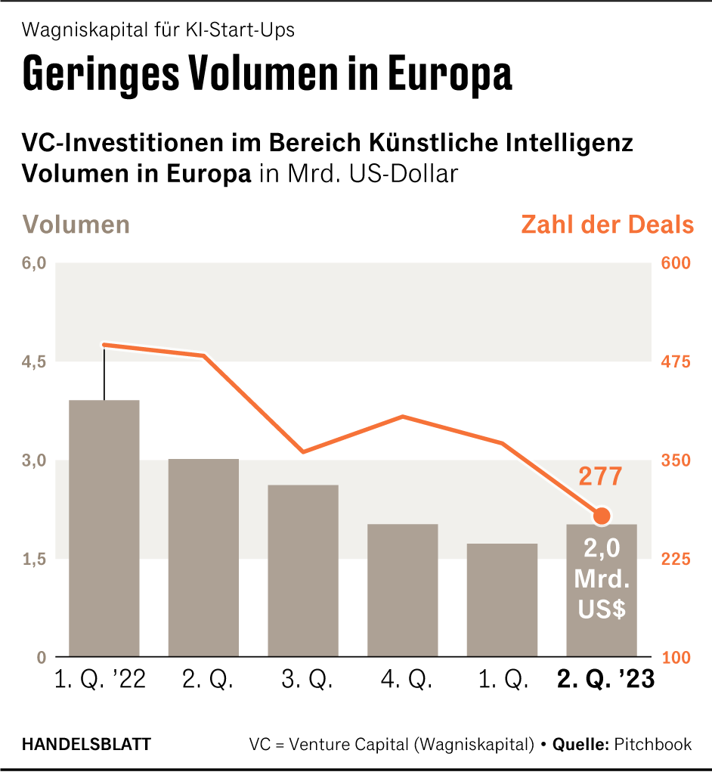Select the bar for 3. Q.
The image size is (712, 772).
303,570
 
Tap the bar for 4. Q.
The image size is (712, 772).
403,590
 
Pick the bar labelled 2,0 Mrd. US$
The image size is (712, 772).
602,590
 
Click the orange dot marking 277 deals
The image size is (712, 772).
602,516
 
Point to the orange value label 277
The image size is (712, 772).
600,477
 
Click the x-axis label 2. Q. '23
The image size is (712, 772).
605,681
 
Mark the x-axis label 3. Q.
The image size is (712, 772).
304,681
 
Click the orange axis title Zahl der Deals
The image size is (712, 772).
607,225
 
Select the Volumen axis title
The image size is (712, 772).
76,225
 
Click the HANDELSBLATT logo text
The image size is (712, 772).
85,744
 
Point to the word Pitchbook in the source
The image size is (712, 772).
652,744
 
